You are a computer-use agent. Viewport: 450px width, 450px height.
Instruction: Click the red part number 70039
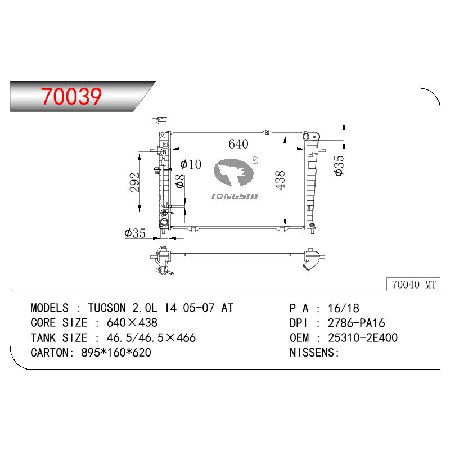pyautogui.click(x=71, y=96)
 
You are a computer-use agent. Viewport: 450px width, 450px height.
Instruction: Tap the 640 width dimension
pyautogui.click(x=238, y=143)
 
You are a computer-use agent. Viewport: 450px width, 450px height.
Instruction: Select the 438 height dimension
pyautogui.click(x=280, y=179)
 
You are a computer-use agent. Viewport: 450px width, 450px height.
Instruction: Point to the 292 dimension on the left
pyautogui.click(x=134, y=182)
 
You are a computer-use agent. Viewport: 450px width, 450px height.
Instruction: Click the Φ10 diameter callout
pyautogui.click(x=191, y=164)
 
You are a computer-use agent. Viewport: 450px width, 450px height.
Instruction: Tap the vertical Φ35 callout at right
pyautogui.click(x=339, y=165)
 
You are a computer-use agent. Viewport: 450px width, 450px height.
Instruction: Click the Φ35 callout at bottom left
pyautogui.click(x=135, y=233)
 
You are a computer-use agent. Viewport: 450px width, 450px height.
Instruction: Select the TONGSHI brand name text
pyautogui.click(x=234, y=196)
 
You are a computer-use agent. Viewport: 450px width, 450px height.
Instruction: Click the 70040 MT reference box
pyautogui.click(x=413, y=285)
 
